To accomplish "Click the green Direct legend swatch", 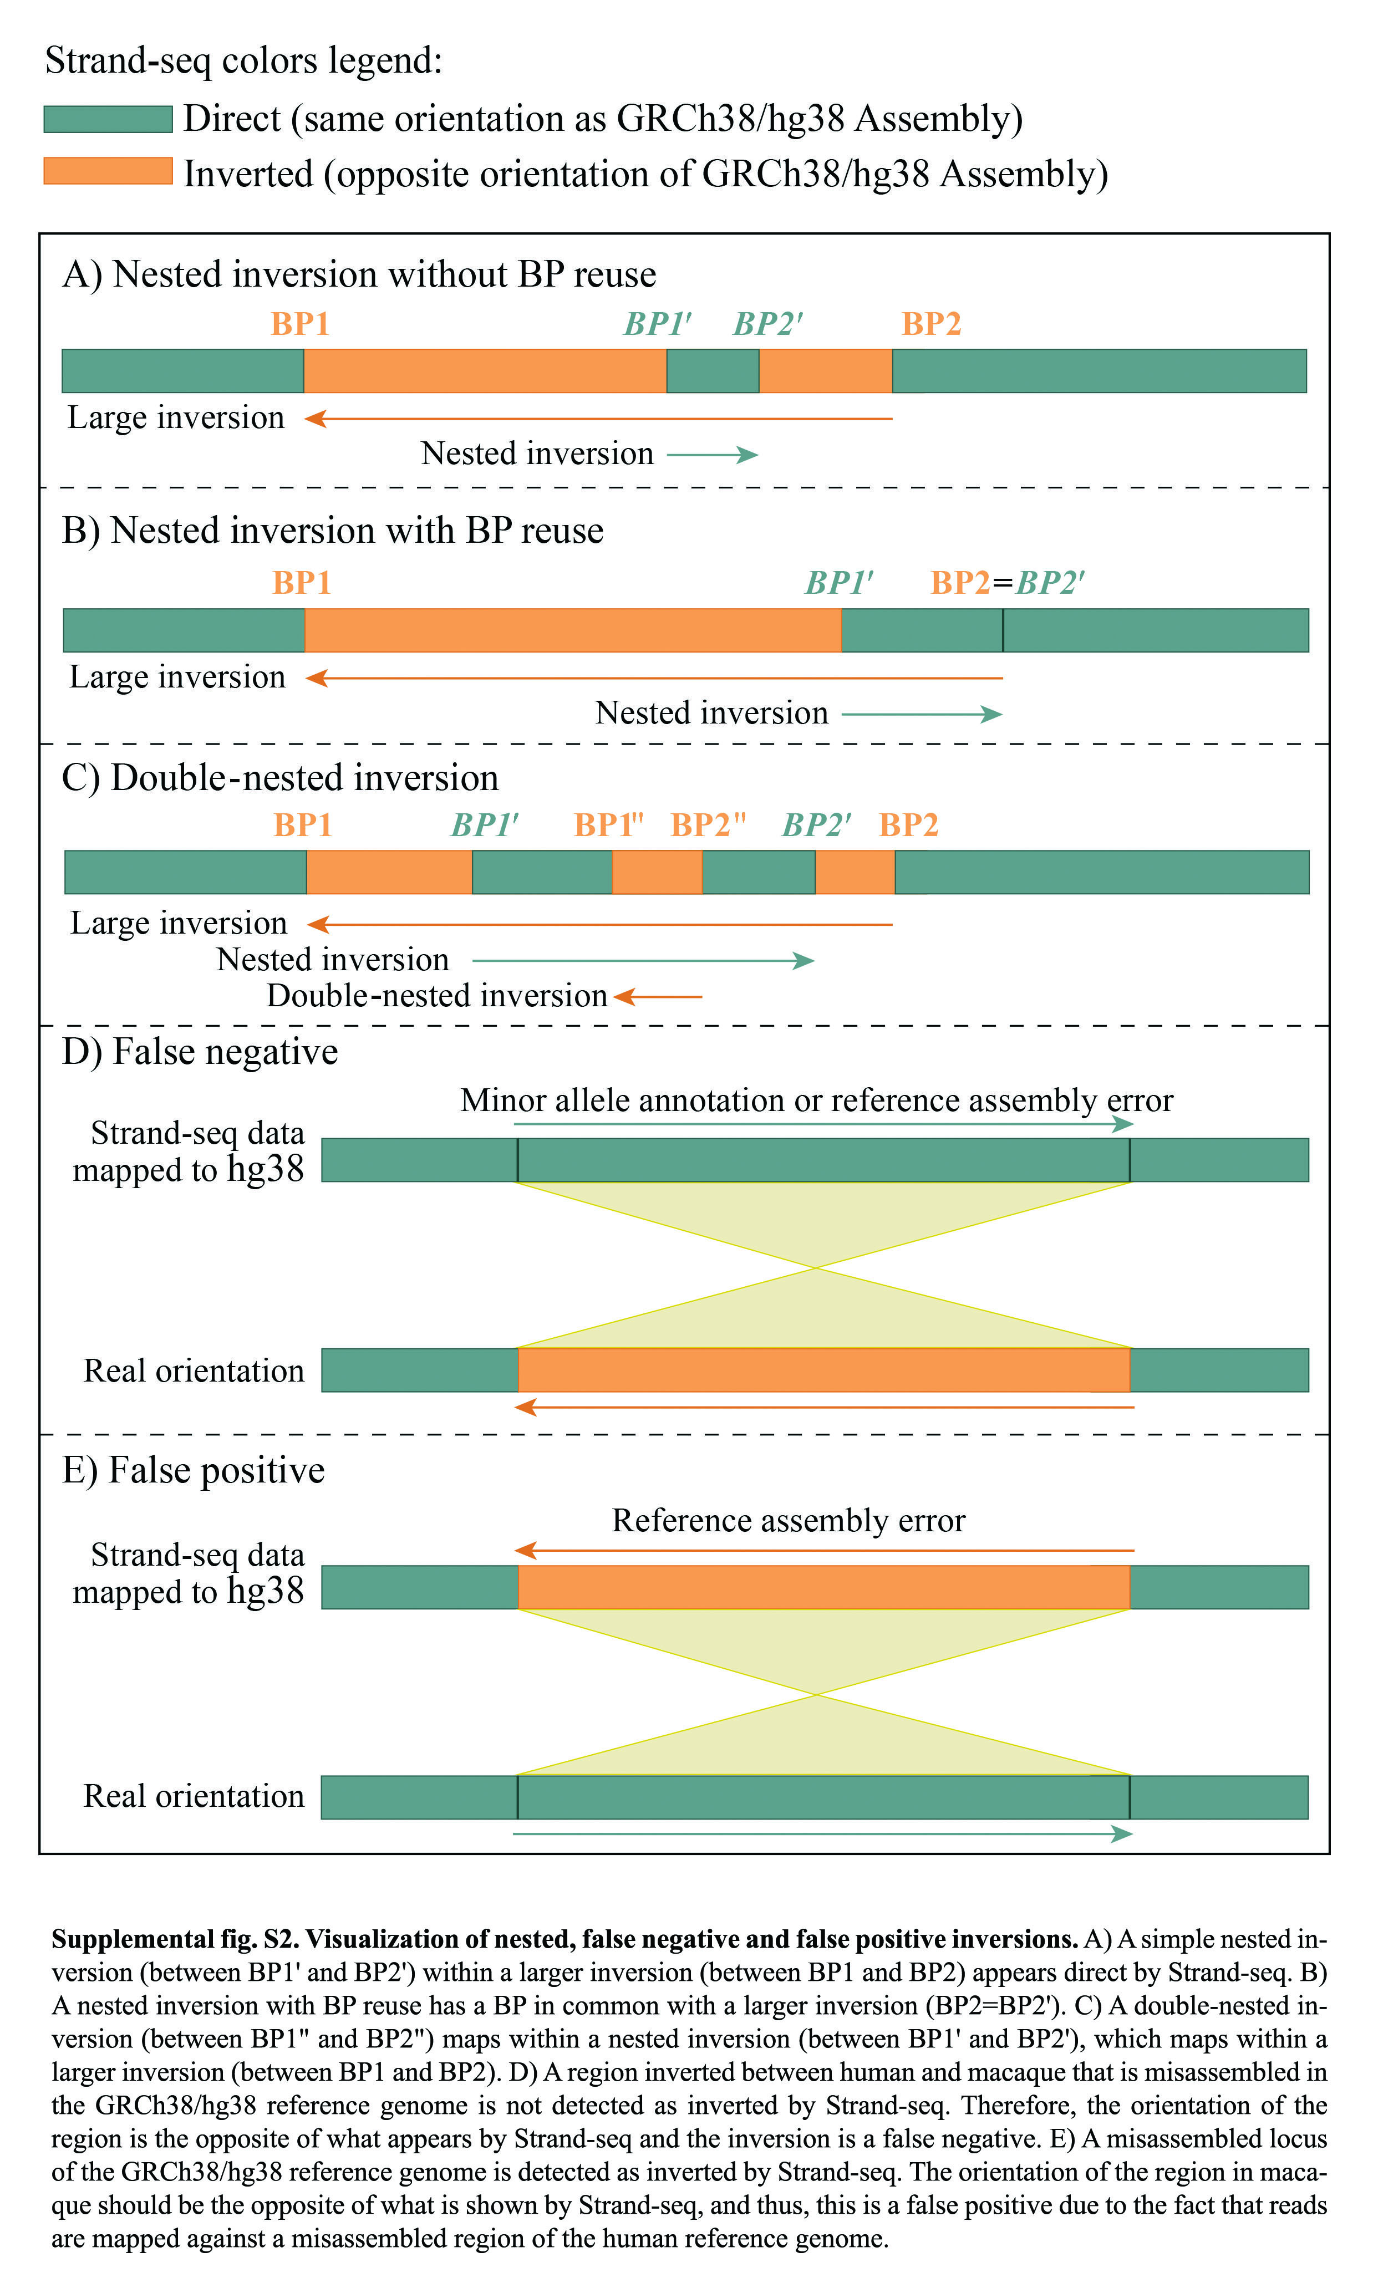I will (x=108, y=119).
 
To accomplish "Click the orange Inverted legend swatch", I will (x=108, y=171).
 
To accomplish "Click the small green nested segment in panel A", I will (x=713, y=371).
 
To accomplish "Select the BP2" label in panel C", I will (x=708, y=825).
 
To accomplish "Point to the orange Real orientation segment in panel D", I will (x=823, y=1370).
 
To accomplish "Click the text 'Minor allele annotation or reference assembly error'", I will (x=817, y=1100).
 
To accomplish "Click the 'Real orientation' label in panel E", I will (x=194, y=1796).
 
